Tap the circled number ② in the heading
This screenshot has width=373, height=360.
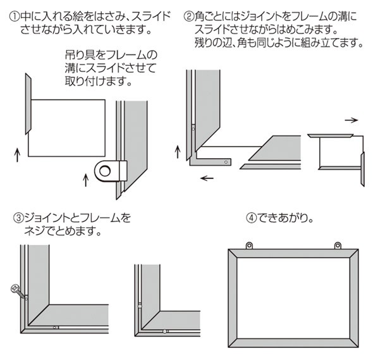(x=187, y=13)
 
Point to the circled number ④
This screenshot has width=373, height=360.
(x=251, y=218)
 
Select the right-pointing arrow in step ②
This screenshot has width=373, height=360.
(x=351, y=119)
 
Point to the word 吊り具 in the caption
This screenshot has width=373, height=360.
(x=78, y=54)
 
